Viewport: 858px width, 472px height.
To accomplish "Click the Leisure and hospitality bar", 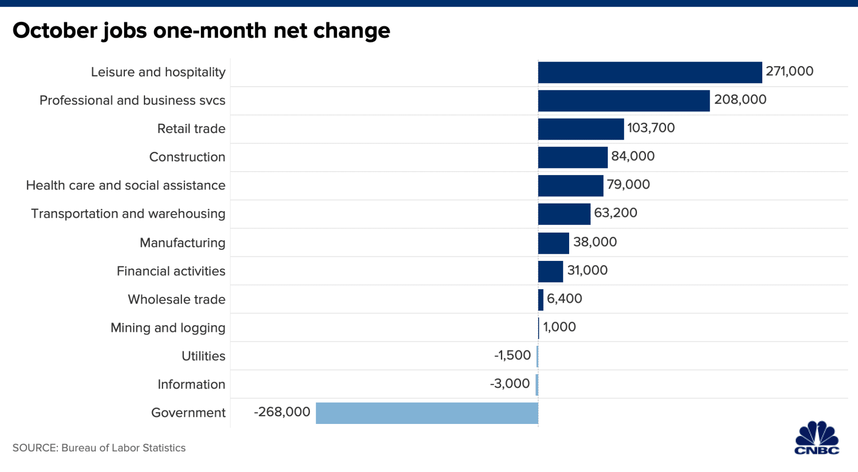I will [650, 72].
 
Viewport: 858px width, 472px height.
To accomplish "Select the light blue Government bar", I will [427, 413].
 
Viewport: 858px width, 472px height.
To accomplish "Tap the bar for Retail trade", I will [580, 129].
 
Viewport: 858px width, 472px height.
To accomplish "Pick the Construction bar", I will [572, 157].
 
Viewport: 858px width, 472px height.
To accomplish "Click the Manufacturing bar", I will [553, 243].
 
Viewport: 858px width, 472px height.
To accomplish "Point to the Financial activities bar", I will [550, 271].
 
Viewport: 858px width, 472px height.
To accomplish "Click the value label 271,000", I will [789, 71].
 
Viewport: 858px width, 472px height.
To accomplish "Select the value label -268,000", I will [282, 412].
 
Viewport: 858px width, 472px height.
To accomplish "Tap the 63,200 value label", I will [615, 213].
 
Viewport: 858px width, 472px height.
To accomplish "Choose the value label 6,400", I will [564, 299].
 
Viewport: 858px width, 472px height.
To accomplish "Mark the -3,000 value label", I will [510, 384].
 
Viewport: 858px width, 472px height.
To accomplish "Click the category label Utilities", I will [203, 356].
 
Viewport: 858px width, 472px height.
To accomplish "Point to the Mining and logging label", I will [168, 328].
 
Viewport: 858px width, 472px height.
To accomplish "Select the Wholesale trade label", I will [176, 300].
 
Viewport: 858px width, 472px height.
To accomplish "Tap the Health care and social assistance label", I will [125, 185].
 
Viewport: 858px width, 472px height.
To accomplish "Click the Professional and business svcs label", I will [132, 101].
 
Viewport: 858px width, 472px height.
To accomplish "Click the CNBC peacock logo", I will [817, 438].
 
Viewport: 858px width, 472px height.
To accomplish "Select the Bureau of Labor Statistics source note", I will [99, 448].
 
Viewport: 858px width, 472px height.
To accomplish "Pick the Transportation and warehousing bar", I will [564, 214].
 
